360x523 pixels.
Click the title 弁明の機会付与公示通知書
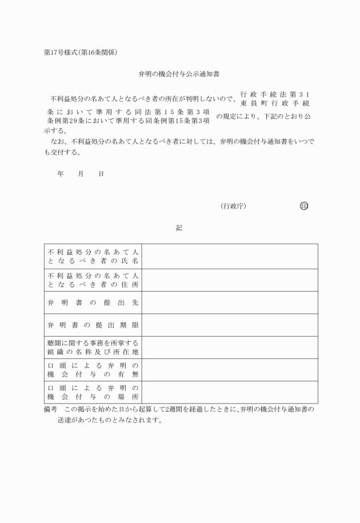tap(179, 74)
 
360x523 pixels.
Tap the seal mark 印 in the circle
tap(303, 206)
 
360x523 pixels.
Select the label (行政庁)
tap(233, 206)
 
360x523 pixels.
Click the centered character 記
tap(179, 228)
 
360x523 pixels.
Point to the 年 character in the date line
tap(61, 173)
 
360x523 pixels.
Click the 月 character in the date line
tap(81, 173)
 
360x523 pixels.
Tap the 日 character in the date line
tap(101, 173)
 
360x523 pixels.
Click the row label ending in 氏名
tap(93, 257)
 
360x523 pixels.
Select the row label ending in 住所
tap(93, 280)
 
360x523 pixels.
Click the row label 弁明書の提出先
tap(93, 302)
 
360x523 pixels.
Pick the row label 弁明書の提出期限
tap(93, 325)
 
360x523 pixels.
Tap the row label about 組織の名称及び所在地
tap(93, 347)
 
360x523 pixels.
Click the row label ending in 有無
tap(93, 370)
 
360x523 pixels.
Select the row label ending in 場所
tap(93, 392)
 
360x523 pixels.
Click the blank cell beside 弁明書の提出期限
tap(230, 325)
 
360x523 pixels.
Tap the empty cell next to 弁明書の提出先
tap(230, 302)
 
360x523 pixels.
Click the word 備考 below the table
tap(51, 410)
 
